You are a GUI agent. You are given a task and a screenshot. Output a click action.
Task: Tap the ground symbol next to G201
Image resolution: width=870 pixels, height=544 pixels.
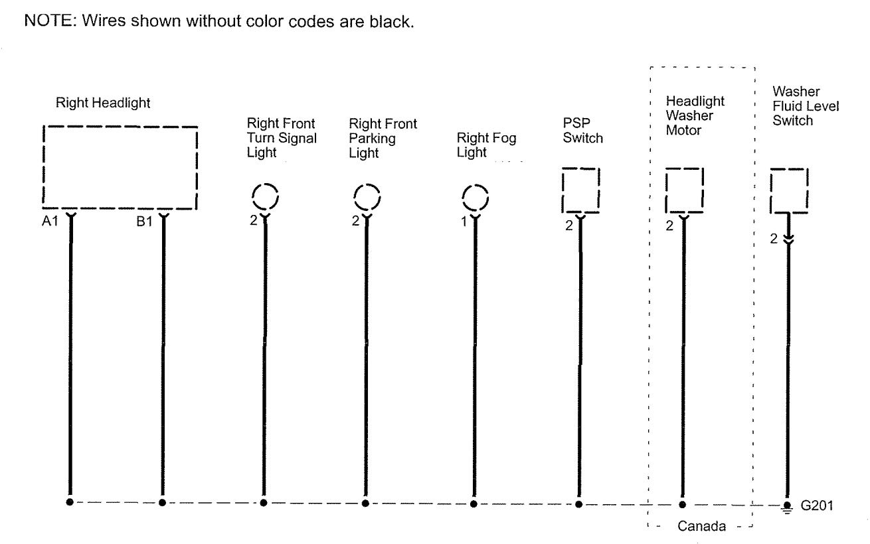pyautogui.click(x=788, y=506)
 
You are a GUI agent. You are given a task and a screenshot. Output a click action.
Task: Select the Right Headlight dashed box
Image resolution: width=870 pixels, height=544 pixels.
pyautogui.click(x=120, y=167)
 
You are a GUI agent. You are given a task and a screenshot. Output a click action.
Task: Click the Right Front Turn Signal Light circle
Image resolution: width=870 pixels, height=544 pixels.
pyautogui.click(x=265, y=196)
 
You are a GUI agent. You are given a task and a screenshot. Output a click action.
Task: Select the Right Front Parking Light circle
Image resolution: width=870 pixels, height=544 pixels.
pyautogui.click(x=366, y=196)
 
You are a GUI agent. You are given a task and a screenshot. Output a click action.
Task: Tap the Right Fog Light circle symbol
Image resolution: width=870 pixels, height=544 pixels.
pyautogui.click(x=474, y=197)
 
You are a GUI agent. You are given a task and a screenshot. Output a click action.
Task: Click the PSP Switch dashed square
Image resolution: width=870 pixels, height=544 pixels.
pyautogui.click(x=580, y=190)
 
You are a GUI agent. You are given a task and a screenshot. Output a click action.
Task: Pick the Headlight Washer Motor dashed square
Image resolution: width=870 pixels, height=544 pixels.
pyautogui.click(x=684, y=190)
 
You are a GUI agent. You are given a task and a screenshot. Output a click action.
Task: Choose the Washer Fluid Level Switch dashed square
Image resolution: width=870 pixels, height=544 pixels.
pyautogui.click(x=788, y=190)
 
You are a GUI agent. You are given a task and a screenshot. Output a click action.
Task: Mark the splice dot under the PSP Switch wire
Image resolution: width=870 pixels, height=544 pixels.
pyautogui.click(x=579, y=504)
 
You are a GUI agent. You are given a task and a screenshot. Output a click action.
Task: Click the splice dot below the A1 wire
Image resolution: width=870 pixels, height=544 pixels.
pyautogui.click(x=69, y=502)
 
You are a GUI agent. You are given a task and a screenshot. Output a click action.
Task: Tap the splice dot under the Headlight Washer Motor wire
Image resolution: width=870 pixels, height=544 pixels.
pyautogui.click(x=682, y=504)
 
